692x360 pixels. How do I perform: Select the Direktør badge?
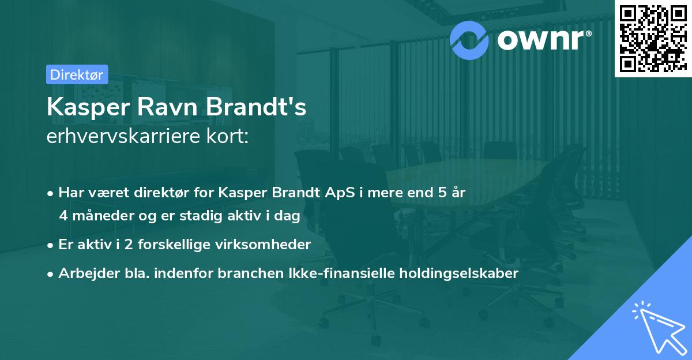(76, 74)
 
